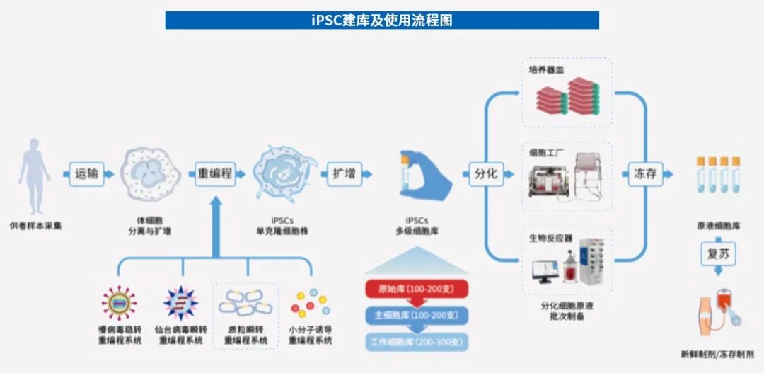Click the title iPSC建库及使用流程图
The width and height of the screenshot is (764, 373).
coord(382,21)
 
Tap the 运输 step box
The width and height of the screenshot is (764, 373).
coord(86,173)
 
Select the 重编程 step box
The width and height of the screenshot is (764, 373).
coord(215,173)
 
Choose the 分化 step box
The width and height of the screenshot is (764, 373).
coord(485,173)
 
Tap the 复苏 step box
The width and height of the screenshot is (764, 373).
coord(717,254)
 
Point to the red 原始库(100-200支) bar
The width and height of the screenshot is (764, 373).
coord(416,289)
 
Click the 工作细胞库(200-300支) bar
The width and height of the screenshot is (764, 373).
coord(417,343)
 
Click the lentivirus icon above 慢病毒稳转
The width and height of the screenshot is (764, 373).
coord(119,303)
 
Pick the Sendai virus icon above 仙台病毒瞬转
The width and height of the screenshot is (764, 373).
coord(181,303)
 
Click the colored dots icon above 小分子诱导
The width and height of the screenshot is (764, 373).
coord(310,303)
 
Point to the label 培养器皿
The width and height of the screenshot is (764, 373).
coord(546,70)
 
